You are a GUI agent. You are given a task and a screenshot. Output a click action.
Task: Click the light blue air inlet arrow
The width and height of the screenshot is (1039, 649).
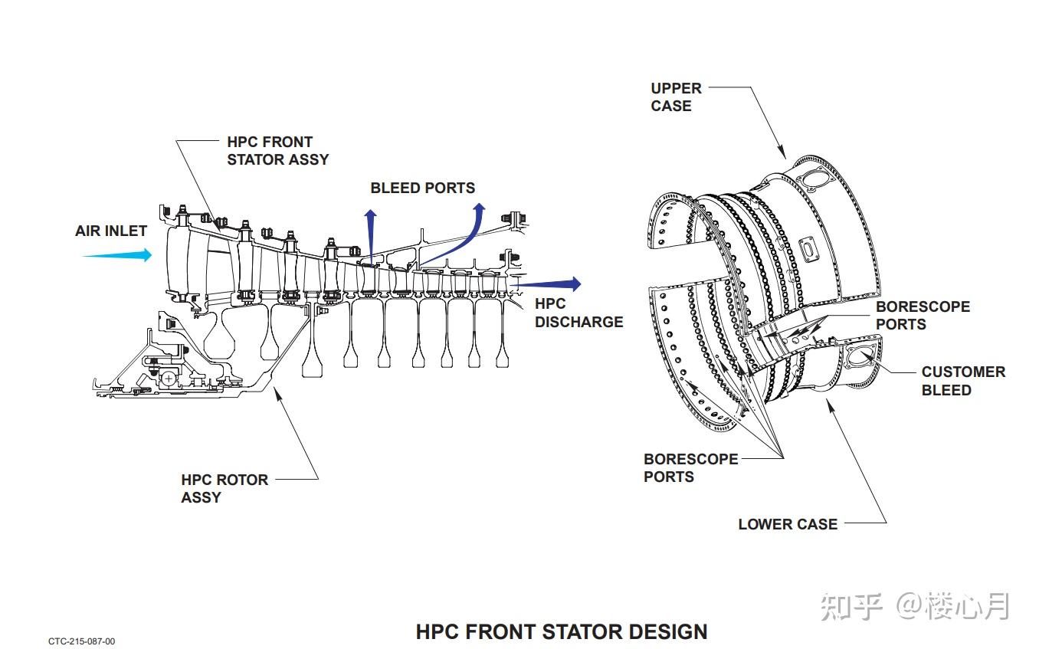pos(117,254)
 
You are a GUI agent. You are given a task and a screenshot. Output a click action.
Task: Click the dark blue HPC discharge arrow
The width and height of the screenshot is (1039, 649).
pos(546,284)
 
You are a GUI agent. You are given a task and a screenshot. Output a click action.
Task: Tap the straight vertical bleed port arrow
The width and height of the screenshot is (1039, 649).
pos(371,237)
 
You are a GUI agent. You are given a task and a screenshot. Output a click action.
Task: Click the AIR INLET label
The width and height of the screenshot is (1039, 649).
pos(111,231)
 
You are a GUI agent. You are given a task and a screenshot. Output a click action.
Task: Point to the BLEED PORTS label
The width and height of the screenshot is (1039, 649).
pos(422,188)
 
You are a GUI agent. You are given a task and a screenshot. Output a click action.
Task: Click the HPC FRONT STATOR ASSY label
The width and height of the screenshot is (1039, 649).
pos(278,150)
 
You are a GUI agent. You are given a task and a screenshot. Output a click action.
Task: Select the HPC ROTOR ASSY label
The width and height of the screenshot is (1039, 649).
pos(225,488)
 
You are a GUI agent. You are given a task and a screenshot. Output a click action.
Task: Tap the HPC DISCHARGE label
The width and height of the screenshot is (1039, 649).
pos(578,313)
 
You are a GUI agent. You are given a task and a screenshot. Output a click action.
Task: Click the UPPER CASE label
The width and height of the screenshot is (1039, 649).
pos(677,97)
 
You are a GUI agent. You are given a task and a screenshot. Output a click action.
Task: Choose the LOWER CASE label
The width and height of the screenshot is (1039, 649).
pos(788,524)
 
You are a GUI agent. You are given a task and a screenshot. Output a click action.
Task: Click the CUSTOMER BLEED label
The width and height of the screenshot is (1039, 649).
pos(963,381)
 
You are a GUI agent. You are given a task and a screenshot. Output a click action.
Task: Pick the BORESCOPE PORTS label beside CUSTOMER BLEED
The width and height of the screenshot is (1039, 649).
pos(923,315)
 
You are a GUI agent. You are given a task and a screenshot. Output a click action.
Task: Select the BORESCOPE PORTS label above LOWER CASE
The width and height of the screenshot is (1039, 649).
pos(690,467)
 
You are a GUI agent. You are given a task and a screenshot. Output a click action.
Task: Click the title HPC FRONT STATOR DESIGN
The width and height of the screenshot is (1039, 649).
pos(562,632)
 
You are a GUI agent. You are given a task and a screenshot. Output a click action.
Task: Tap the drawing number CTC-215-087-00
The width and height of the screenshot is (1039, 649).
pos(82,641)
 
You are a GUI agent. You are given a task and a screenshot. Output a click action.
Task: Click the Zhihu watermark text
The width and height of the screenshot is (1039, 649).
pos(915,606)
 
